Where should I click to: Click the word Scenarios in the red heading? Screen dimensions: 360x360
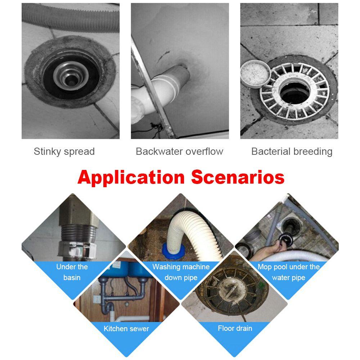coord(238,177)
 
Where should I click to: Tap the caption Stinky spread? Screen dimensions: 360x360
coord(64,152)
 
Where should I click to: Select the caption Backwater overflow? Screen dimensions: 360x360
coord(179,152)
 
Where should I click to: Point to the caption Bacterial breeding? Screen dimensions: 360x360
coord(292,152)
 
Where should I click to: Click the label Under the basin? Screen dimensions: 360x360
coord(72,272)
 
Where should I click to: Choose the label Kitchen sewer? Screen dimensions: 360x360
coord(126,329)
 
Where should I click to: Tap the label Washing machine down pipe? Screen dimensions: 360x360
coord(181,272)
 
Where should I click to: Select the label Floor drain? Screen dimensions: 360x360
coord(235,328)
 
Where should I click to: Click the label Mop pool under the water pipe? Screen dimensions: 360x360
coord(289,272)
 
